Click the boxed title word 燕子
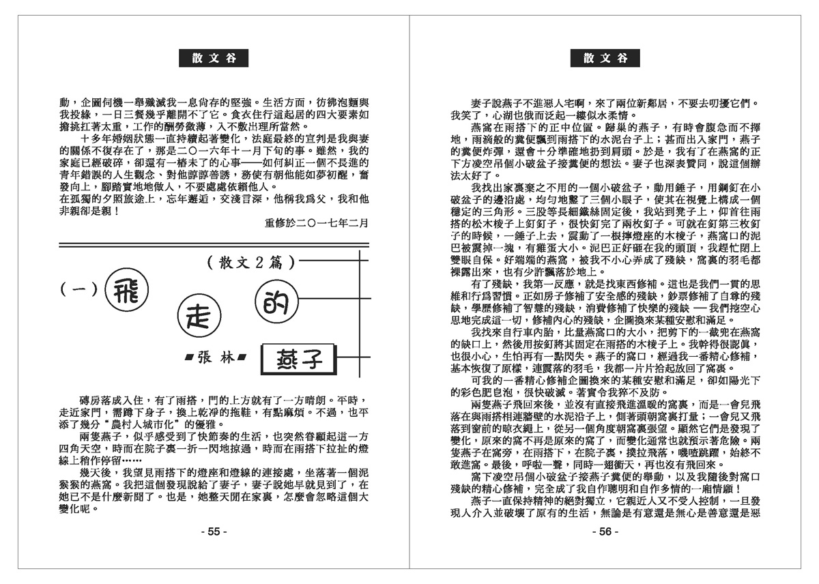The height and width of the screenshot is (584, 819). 301,356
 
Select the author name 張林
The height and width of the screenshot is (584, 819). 215,356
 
